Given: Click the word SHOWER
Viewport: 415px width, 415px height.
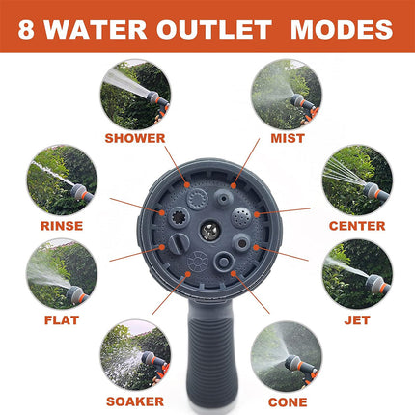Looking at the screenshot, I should pos(135,138).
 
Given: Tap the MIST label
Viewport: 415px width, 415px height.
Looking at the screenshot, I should pos(287,138).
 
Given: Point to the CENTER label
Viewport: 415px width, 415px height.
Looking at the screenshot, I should pos(356,226).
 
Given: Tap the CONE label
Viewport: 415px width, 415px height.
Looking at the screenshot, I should pos(287,400).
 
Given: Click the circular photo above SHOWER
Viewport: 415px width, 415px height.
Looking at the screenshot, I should pos(135,95).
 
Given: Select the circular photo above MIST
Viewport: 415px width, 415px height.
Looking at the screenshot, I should pos(287,95).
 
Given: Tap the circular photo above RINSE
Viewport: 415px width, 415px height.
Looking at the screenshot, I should pos(62,180).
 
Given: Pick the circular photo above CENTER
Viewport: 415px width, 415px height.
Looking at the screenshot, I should pos(357,180).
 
